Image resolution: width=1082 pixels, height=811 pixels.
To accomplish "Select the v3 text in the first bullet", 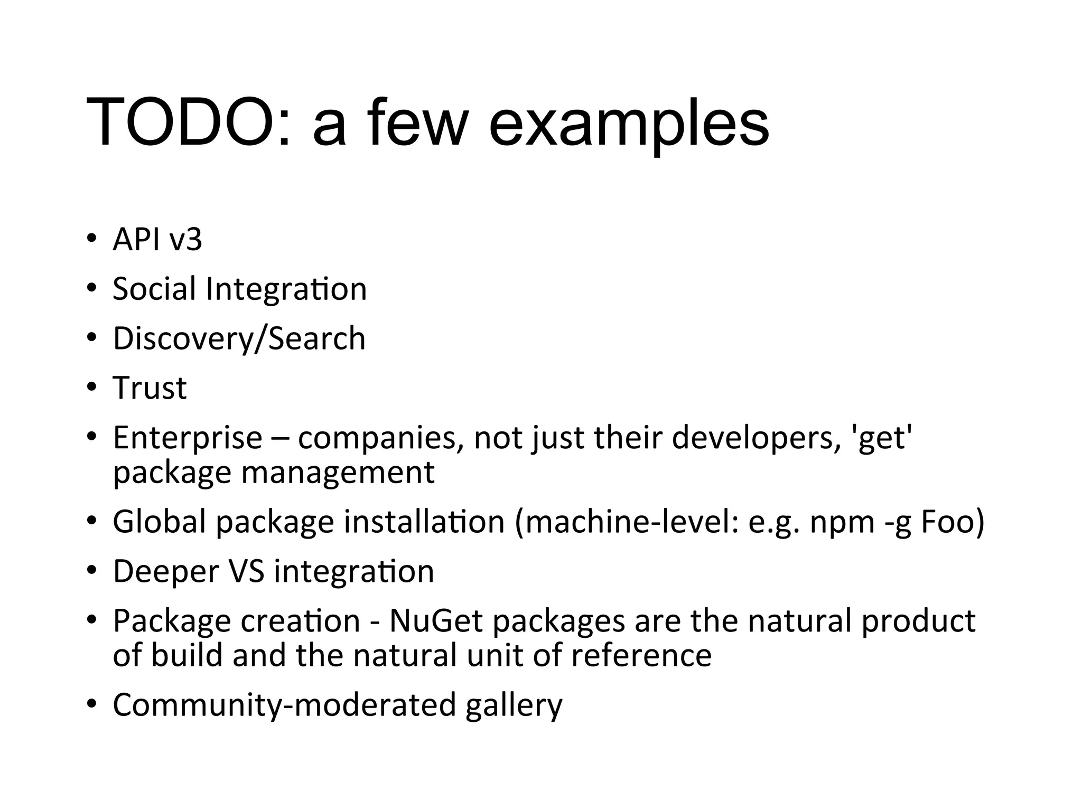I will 185,240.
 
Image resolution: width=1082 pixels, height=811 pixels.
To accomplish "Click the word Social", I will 154,289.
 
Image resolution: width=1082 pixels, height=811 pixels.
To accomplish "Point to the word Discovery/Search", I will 239,338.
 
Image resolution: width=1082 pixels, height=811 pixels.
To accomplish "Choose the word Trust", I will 150,388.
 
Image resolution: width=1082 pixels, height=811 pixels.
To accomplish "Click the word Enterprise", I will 188,438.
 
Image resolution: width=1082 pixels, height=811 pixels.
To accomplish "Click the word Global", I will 159,522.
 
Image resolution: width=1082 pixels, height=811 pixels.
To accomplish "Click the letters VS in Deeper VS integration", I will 246,571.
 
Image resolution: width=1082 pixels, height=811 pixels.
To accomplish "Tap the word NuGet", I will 436,621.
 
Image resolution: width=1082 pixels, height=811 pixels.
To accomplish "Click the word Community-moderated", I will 284,705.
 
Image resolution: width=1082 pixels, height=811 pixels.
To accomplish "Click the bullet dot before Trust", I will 92,388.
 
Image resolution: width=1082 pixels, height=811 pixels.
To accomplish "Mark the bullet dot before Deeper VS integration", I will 92,571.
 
